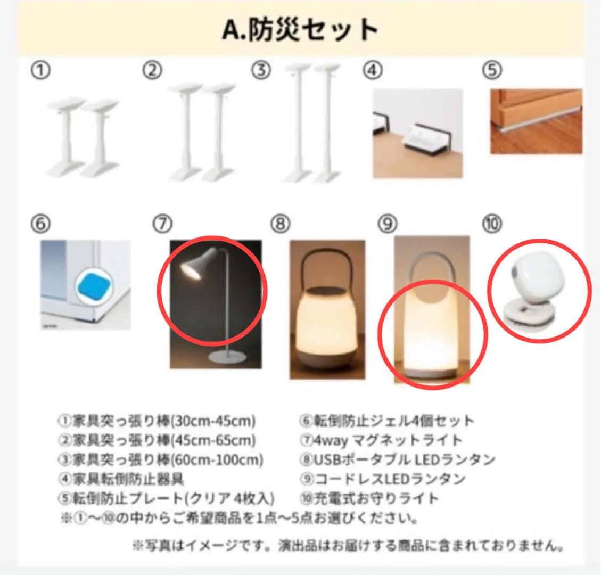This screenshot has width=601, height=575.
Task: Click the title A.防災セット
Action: [300, 29]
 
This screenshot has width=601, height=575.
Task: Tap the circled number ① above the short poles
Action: [40, 70]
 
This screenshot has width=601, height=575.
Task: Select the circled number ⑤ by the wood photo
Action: [492, 70]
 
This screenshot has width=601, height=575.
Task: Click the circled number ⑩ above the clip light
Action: [492, 224]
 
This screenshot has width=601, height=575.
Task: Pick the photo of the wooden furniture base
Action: [536, 121]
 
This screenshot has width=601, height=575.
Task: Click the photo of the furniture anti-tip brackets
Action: [418, 134]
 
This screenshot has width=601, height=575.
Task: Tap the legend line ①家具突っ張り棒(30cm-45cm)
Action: [157, 421]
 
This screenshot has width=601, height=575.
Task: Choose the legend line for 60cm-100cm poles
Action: [161, 459]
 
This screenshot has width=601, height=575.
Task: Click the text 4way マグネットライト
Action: [388, 440]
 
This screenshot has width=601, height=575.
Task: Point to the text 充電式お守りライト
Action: [376, 498]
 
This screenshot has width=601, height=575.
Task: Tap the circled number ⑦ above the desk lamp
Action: [162, 224]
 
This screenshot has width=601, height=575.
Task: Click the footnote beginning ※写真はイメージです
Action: [348, 545]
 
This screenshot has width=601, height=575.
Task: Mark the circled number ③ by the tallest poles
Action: [261, 70]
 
